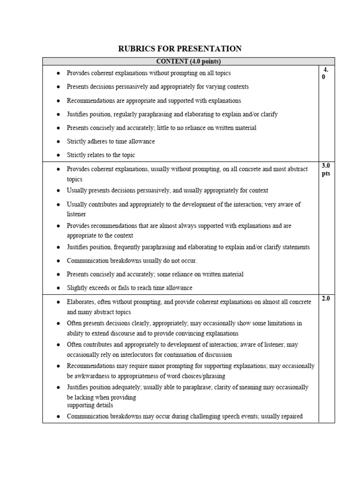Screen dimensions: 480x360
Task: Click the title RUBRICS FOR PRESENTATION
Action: [x=180, y=48]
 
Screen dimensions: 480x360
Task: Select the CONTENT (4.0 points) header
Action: [x=188, y=61]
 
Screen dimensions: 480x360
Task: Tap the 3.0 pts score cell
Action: [x=326, y=170]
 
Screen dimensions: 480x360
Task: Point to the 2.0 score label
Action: [x=326, y=299]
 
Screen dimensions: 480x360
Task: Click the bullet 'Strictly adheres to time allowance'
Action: [x=111, y=142]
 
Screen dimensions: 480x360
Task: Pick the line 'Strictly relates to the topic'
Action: [x=101, y=155]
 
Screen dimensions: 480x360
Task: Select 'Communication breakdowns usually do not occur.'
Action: [x=132, y=261]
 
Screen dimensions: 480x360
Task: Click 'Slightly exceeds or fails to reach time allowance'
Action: [x=129, y=288]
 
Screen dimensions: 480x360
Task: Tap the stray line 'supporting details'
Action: [x=90, y=405]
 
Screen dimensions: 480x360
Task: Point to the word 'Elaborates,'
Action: [x=82, y=302]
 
